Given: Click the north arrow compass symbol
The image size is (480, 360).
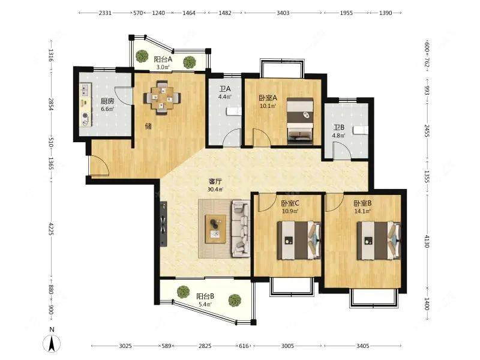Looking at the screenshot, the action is click(x=52, y=343).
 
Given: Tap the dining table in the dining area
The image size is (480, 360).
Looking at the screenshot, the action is click(x=162, y=98).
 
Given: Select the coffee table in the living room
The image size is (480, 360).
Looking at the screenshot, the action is click(x=215, y=229).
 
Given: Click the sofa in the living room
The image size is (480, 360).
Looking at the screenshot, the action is click(x=241, y=229).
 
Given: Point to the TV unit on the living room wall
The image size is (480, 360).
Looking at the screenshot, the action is click(x=163, y=223).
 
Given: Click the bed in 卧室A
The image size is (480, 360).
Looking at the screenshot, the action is click(x=301, y=121).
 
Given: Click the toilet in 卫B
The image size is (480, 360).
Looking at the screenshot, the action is click(x=361, y=130).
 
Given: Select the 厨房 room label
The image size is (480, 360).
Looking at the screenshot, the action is click(x=107, y=101).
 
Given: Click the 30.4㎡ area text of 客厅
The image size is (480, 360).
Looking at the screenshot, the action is click(x=215, y=189).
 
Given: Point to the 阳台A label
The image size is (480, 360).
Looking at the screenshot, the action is click(x=163, y=59).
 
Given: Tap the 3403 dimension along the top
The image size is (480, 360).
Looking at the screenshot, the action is click(x=283, y=13).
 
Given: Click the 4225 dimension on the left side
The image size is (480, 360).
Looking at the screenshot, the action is click(x=51, y=229).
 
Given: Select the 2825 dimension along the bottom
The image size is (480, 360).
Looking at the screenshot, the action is click(x=205, y=346).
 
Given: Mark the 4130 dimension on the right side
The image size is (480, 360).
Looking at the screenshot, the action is click(x=427, y=241).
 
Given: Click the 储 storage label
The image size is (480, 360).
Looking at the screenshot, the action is click(x=148, y=126).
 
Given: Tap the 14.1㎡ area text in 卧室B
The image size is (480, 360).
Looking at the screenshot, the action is click(x=362, y=211).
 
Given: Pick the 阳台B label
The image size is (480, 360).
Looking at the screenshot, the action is click(x=205, y=296).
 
